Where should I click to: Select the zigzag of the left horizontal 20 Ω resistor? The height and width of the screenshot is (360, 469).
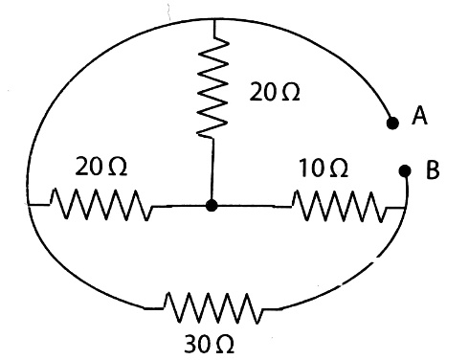(101, 205)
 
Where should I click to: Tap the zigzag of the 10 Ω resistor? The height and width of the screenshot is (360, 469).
(340, 206)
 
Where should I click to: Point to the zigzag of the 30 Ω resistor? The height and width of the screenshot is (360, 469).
(213, 308)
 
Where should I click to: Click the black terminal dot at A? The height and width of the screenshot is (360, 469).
(392, 123)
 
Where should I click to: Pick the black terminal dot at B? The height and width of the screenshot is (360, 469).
(405, 171)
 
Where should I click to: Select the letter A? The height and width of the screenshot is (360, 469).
(419, 116)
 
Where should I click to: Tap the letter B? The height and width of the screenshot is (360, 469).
(433, 169)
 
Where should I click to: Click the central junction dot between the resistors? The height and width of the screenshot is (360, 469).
(212, 205)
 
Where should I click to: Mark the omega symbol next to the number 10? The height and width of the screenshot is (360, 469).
(339, 169)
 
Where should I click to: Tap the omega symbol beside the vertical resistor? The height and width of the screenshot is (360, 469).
(291, 93)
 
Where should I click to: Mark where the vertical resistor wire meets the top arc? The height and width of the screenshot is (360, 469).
(214, 20)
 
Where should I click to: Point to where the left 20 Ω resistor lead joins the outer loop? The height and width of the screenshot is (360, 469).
(29, 204)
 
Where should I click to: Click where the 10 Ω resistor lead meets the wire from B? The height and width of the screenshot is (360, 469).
(405, 208)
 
